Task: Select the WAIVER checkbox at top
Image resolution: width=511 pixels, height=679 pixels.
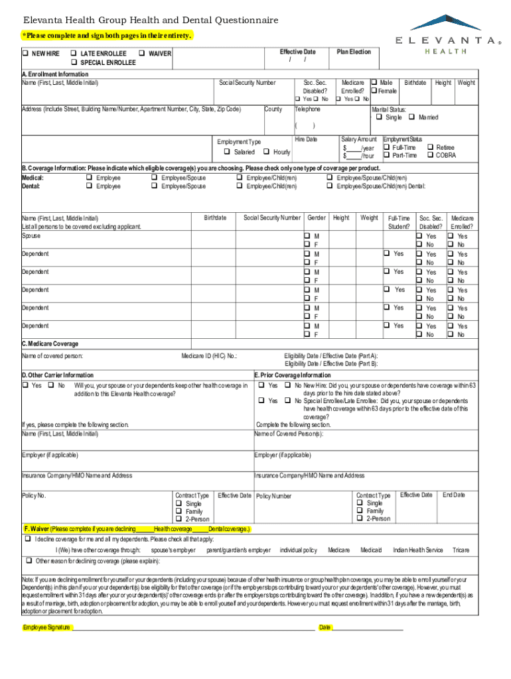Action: tap(142, 53)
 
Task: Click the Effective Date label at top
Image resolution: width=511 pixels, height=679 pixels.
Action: tap(297, 52)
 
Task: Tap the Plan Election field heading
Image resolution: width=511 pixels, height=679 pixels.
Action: tap(354, 52)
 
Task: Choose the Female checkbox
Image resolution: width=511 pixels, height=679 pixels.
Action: tap(374, 91)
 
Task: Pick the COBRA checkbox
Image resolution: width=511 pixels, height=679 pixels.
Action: tap(430, 155)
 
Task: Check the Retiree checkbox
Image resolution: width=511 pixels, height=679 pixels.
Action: tap(430, 147)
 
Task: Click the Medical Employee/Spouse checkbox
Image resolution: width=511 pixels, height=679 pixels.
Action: tap(155, 178)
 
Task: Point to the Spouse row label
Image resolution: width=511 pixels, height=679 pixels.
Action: tap(31, 236)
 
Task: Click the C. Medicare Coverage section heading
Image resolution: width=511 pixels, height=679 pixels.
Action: tap(50, 344)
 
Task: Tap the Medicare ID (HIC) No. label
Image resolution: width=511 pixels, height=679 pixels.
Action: tap(209, 357)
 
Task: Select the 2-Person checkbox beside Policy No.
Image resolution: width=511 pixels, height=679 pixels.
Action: tap(179, 519)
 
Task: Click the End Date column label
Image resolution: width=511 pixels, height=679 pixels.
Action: tap(454, 495)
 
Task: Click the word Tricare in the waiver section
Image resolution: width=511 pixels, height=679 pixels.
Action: tap(461, 550)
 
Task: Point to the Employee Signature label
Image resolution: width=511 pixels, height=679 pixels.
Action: tap(46, 627)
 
